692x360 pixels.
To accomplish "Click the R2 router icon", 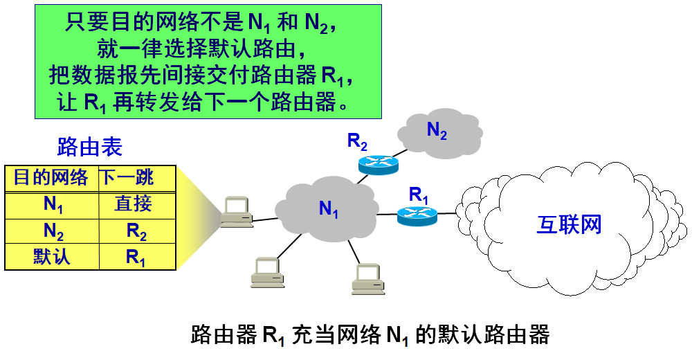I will tap(379, 164).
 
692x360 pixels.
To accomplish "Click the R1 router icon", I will tap(417, 216).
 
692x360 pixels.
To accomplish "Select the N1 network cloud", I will tap(328, 208).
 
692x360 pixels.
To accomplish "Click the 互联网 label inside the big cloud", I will tap(569, 225).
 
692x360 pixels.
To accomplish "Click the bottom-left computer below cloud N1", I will tap(266, 272).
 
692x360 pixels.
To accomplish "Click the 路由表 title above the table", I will tap(89, 147).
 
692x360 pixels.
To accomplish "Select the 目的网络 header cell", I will tap(51, 178).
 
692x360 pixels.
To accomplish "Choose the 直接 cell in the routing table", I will tap(133, 204).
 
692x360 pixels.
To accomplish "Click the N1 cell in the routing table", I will tap(53, 205).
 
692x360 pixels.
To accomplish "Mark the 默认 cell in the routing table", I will tap(52, 257).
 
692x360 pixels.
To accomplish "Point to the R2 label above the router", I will tap(357, 142).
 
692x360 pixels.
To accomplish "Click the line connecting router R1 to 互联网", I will tap(448, 214).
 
